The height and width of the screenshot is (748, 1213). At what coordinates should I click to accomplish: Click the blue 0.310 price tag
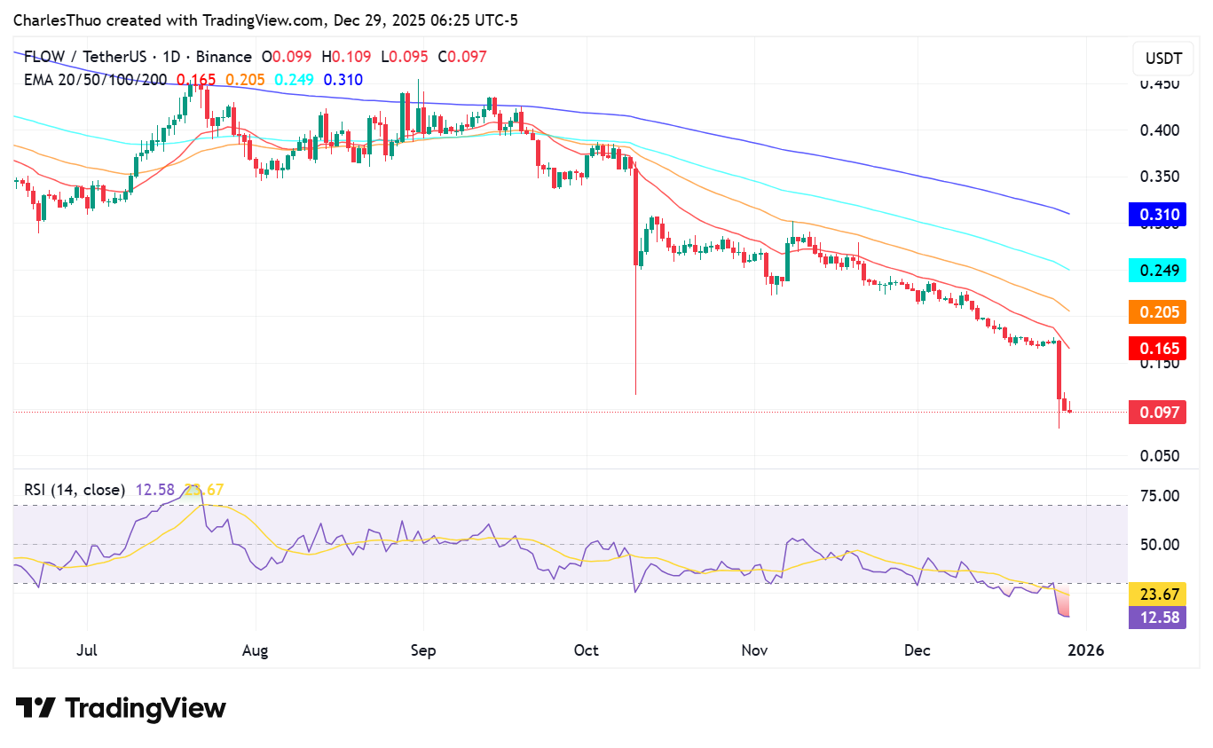point(1157,215)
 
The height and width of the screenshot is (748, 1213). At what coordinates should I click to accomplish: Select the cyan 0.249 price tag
point(1157,270)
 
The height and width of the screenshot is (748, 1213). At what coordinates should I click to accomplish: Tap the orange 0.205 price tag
point(1157,311)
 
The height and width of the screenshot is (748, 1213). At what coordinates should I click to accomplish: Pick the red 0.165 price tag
point(1157,349)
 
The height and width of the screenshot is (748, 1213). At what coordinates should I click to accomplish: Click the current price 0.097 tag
point(1157,412)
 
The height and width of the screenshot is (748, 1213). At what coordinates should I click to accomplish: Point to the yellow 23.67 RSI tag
point(1157,594)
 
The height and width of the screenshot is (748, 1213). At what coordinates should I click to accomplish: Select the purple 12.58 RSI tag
point(1157,618)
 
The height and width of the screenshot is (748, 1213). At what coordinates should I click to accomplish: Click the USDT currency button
point(1162,59)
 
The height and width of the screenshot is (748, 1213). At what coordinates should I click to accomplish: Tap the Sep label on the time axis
point(423,651)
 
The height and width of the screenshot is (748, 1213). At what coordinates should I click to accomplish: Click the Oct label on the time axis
point(587,651)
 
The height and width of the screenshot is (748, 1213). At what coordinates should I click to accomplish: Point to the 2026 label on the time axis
point(1085,651)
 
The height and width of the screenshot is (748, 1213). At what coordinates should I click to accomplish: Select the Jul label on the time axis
point(86,651)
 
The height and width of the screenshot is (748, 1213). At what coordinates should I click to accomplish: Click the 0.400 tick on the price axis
point(1160,130)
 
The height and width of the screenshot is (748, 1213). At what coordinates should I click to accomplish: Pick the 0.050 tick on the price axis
point(1160,456)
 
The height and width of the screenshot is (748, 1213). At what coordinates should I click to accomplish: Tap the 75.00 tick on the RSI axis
point(1160,495)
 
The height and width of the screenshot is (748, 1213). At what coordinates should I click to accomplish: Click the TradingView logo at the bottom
point(121,708)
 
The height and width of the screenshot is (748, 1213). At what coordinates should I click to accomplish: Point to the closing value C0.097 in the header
point(462,57)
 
